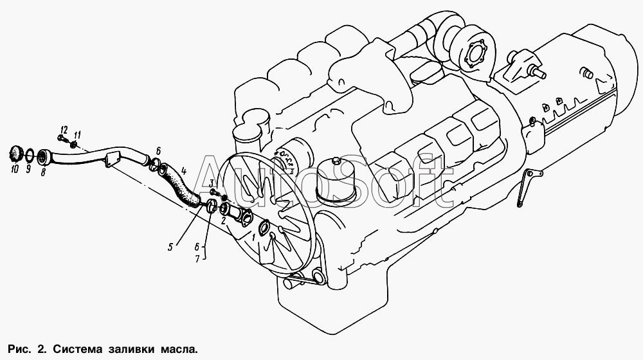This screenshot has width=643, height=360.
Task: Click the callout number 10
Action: tap(15, 169)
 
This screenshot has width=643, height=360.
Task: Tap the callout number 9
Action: tap(28, 168)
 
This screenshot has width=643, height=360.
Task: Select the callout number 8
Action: tap(42, 172)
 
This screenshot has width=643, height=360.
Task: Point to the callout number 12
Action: tap(64, 129)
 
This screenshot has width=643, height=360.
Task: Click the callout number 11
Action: tap(77, 134)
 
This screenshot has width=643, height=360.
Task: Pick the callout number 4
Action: tap(184, 170)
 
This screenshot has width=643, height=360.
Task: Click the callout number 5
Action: tap(170, 247)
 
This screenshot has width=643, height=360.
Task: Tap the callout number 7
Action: tap(197, 258)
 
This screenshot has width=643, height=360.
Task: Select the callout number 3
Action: tap(212, 183)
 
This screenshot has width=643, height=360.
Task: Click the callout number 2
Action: tap(223, 221)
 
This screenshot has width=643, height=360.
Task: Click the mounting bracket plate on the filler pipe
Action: tap(111, 159)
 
